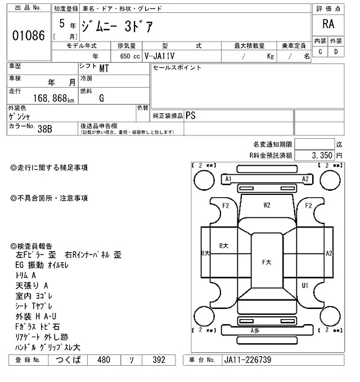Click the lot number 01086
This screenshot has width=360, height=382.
[28, 34]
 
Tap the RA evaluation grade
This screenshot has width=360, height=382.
[327, 24]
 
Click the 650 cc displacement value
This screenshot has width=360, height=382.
[129, 56]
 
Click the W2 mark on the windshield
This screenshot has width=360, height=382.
[267, 205]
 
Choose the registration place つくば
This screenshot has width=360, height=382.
[68, 360]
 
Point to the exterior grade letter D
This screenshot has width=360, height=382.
[336, 52]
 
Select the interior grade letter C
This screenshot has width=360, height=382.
[320, 52]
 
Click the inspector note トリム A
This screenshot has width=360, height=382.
[26, 275]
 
